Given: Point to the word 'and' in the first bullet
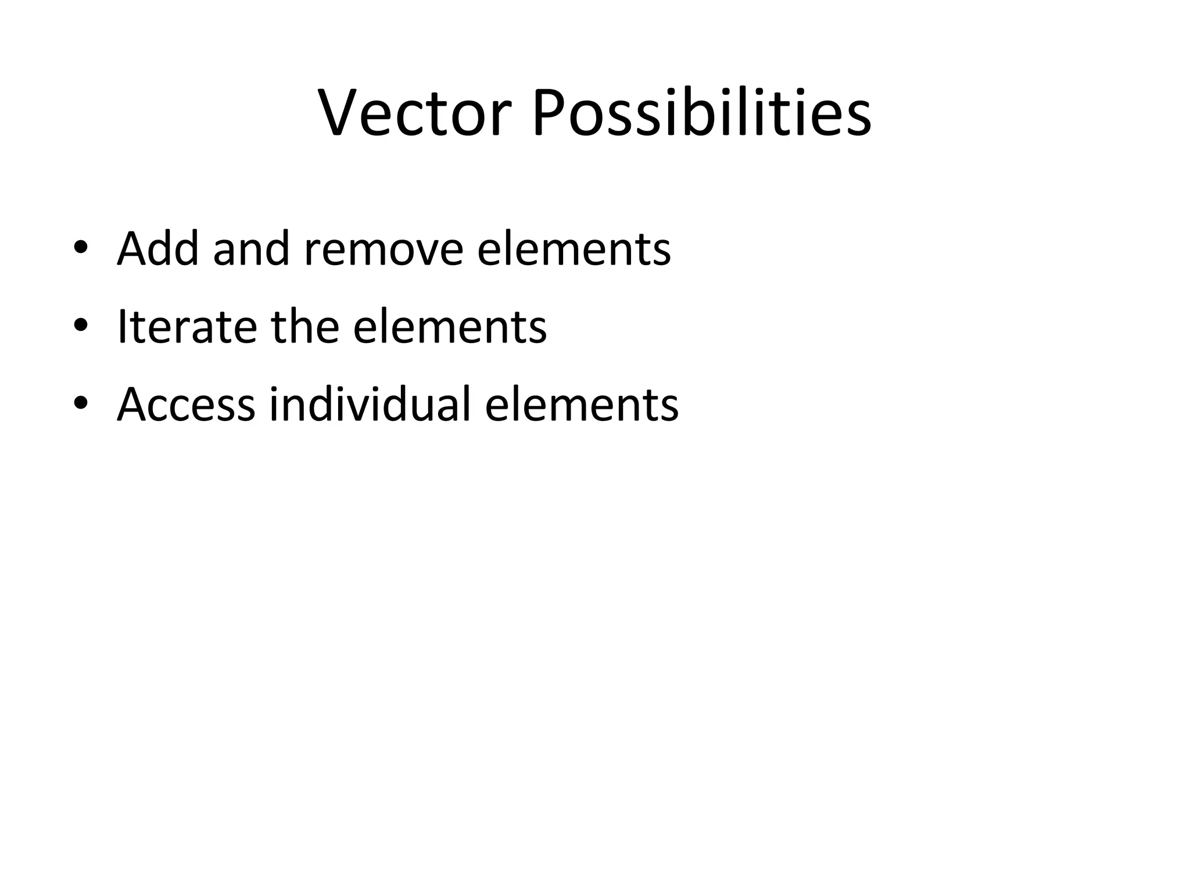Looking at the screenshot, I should coord(250,249).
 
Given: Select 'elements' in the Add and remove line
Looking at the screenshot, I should coord(574,249).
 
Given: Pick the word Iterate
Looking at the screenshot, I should coord(187,327).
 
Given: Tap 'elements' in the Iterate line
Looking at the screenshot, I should coord(450,327).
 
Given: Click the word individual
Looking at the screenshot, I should coord(370,404).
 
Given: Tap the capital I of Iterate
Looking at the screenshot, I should coord(122,326).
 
